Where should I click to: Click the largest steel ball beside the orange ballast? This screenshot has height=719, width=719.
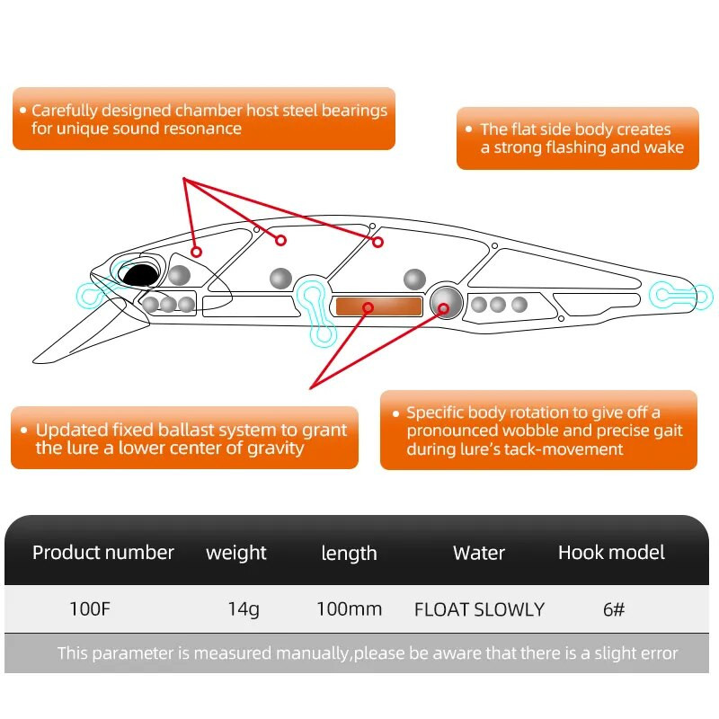[446, 302]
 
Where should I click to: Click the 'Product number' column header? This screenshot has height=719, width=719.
[103, 552]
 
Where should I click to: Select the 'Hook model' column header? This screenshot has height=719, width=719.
[611, 552]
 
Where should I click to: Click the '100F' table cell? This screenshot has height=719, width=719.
[90, 608]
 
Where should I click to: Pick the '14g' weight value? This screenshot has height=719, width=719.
[244, 608]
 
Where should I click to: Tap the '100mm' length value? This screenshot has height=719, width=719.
[349, 608]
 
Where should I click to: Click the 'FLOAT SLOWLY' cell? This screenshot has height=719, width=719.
[479, 609]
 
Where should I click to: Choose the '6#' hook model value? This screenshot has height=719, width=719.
[614, 608]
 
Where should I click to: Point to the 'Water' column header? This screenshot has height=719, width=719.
[479, 553]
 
